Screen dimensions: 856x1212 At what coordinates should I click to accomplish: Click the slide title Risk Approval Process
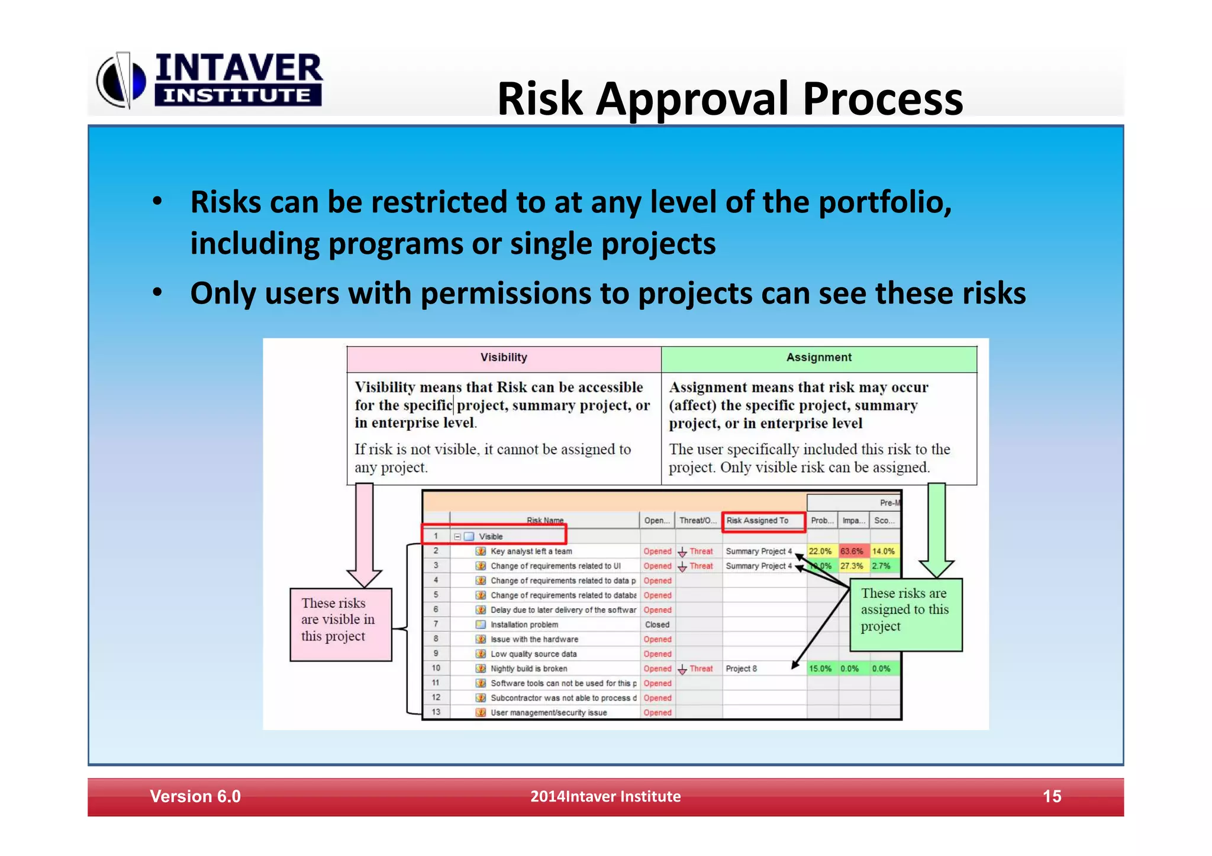point(730,98)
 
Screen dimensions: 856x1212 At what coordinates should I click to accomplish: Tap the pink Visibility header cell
point(504,358)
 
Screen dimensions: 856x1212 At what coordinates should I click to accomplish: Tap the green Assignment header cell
point(818,358)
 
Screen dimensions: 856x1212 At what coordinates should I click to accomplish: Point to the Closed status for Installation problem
point(657,625)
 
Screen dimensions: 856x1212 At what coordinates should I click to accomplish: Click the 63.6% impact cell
point(852,551)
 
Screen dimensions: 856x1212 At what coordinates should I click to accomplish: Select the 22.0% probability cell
point(820,551)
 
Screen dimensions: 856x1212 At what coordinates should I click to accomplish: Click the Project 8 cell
point(741,669)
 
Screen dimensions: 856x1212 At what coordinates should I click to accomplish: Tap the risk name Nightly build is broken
point(528,669)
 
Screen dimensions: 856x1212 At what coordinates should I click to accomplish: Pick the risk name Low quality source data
point(533,654)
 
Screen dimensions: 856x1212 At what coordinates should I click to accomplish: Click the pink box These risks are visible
point(340,624)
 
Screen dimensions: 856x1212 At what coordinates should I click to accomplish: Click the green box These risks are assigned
point(905,614)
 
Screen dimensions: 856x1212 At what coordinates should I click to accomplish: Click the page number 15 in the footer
point(1052,797)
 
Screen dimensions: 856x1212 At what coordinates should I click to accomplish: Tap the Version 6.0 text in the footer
point(195,797)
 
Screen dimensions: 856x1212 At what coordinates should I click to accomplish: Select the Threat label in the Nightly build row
point(701,669)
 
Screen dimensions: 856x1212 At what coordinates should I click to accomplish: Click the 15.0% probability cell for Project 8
point(820,669)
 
